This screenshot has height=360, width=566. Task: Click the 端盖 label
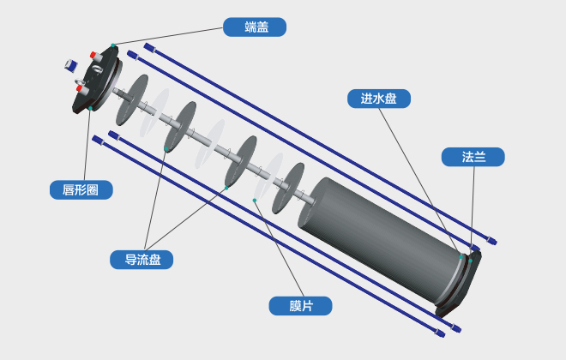254,27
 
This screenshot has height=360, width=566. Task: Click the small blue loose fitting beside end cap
71,64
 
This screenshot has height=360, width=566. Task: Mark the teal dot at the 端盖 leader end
112,45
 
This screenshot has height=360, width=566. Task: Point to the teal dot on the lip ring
90,109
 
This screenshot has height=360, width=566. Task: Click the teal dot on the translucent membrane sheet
255,199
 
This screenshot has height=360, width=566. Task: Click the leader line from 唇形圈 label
86,146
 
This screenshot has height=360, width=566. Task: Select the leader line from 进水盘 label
420,180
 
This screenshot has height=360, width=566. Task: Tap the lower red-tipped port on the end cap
78,87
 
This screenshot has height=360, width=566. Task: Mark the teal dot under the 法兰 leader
471,260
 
